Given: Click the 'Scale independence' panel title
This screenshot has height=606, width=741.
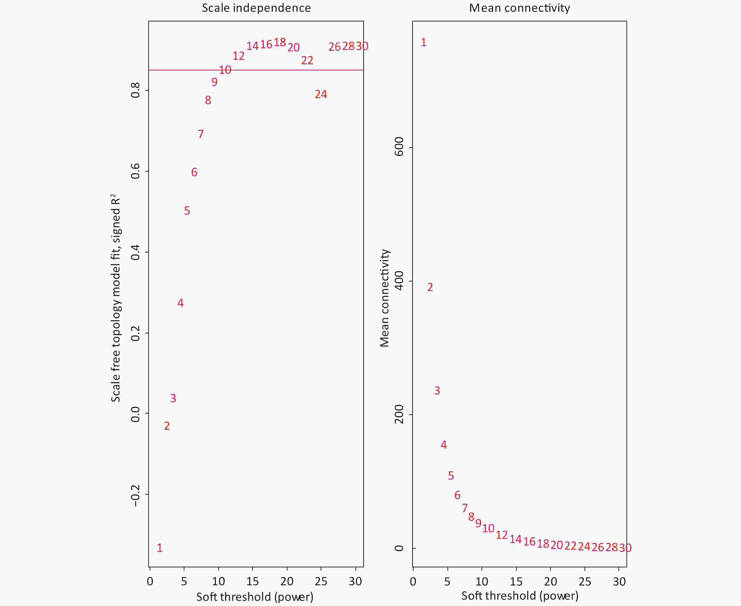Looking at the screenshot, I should coord(256,8).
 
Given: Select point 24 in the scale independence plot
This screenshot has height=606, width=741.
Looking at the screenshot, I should coord(321,94).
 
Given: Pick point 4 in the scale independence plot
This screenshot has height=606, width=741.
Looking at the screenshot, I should coord(180,303).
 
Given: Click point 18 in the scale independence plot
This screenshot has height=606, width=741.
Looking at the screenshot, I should coord(280,42).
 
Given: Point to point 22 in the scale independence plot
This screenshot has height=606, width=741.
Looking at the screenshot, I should coord(307,60).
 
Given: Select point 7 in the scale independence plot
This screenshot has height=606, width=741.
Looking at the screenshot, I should coord(200,134).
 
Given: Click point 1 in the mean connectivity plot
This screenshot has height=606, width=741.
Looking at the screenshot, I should coord(423,42).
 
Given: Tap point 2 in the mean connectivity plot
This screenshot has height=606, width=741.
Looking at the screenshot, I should coord(430,287).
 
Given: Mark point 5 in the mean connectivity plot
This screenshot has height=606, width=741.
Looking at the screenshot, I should coord(450,476).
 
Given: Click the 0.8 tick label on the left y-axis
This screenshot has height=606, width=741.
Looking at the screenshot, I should coord(135,90).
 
